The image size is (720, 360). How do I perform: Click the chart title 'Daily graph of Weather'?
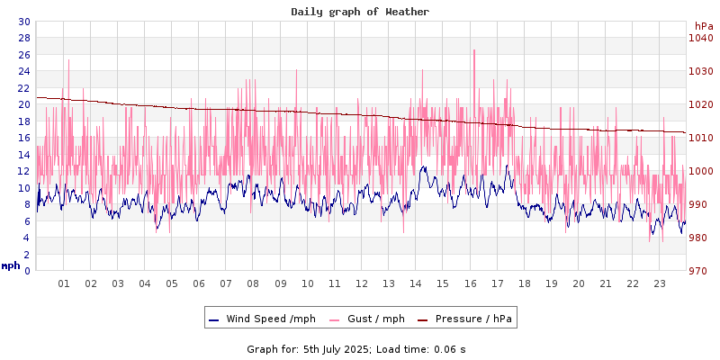tap(360, 12)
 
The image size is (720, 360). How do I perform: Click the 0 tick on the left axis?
tap(26, 271)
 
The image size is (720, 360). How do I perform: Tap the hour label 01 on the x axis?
tap(64, 283)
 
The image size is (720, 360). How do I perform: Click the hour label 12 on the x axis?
tap(362, 283)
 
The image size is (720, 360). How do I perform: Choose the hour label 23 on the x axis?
tap(660, 283)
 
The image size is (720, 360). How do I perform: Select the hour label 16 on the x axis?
tap(470, 283)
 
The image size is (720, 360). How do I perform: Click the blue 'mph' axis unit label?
tap(10, 265)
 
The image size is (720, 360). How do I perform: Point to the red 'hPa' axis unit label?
tap(703, 26)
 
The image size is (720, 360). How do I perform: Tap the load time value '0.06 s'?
tap(449, 348)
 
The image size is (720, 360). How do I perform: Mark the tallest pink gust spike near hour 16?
tap(473, 50)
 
